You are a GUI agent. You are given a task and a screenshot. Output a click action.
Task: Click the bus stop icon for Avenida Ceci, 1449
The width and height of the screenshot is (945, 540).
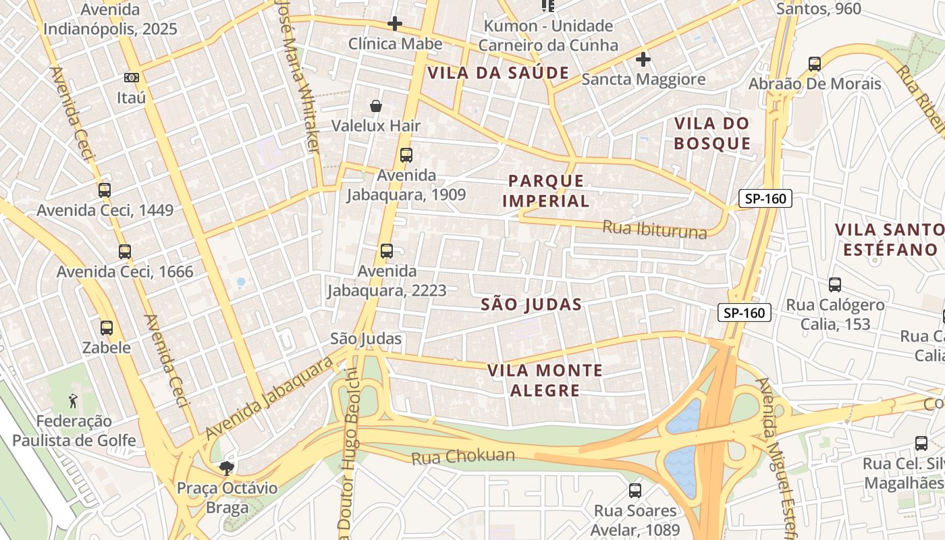tap(104, 190)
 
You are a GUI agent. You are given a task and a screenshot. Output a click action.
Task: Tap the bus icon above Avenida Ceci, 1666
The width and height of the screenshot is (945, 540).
tap(125, 252)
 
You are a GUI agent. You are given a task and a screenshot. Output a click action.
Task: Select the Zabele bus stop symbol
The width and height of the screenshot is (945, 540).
tap(107, 328)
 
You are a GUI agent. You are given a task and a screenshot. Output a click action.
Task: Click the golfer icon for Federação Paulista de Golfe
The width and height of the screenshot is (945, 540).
tap(74, 401)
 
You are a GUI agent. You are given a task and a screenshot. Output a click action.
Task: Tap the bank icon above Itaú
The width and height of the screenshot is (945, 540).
tap(132, 78)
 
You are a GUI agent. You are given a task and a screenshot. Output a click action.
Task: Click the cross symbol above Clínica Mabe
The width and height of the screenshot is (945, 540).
tap(395, 24)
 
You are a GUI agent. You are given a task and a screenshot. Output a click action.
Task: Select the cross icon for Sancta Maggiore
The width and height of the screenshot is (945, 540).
tap(643, 59)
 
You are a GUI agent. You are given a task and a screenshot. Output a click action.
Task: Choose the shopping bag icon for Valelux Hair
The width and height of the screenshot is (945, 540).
tap(376, 106)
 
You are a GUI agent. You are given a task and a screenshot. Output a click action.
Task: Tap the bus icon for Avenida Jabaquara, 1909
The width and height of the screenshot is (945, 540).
tap(406, 155)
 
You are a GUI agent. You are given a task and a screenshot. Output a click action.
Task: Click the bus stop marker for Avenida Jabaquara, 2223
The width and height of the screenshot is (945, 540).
tap(387, 251)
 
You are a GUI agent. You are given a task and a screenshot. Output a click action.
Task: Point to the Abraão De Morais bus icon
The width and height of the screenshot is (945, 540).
tap(815, 64)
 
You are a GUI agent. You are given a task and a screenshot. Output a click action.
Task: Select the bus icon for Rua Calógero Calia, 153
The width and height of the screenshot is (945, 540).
tap(835, 285)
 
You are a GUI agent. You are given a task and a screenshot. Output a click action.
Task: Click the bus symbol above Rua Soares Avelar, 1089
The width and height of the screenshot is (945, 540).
tap(635, 491)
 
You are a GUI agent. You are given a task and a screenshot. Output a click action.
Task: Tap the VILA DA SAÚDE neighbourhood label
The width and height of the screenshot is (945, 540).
tap(498, 73)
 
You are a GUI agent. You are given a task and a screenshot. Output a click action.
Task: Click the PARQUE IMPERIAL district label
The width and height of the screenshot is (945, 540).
tap(546, 190)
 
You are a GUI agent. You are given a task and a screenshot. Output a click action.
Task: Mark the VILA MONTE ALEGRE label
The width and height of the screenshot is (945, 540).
tap(545, 380)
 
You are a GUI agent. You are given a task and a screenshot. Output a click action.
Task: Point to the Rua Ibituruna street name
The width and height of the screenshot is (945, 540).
tap(654, 230)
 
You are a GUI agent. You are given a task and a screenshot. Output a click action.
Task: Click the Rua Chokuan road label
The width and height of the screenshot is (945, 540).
tap(463, 457)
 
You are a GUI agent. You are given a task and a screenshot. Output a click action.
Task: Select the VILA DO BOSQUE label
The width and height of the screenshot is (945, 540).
tap(712, 133)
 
